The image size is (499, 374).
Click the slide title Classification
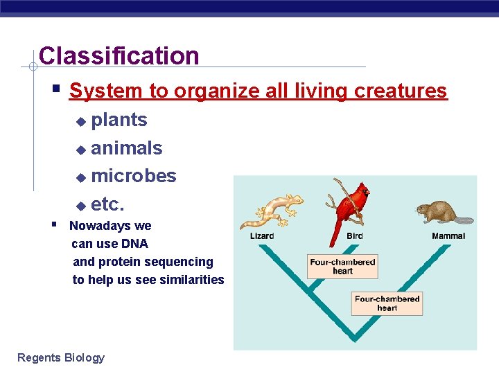119,56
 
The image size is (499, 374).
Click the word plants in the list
119,120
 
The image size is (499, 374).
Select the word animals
127,148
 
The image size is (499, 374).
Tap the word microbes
134,176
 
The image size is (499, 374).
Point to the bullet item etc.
107,204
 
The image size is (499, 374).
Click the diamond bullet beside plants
80,122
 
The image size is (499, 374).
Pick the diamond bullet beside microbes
80,178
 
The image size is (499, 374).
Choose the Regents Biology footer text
61,357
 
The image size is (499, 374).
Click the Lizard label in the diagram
262,236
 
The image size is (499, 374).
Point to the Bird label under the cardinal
354,236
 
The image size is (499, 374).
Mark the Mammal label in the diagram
448,236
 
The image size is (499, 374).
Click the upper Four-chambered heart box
342,267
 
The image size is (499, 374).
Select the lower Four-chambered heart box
387,303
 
